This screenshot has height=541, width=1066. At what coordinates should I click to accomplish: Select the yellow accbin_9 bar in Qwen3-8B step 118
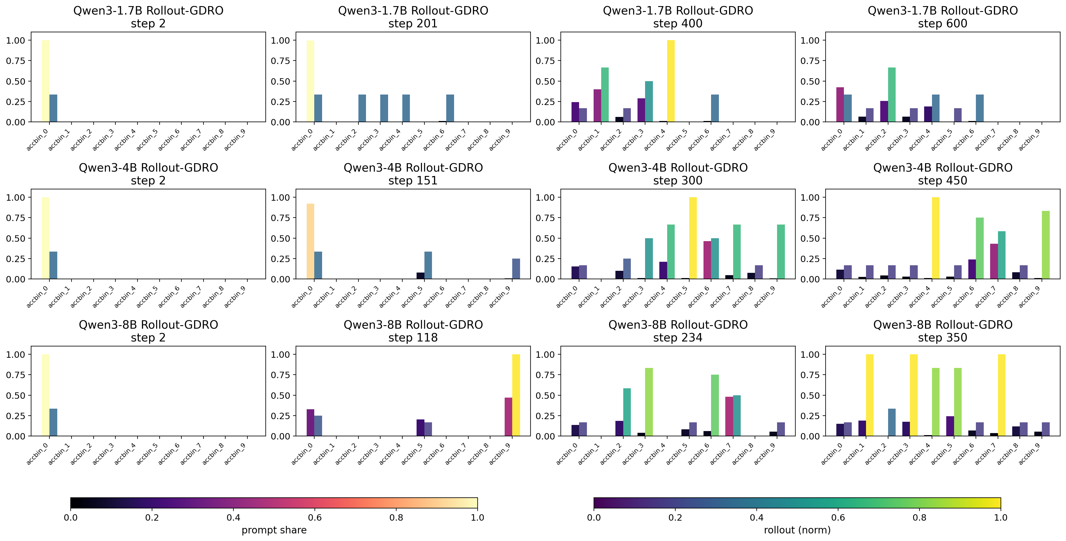point(516,395)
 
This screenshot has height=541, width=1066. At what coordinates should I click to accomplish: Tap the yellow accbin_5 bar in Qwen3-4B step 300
point(693,238)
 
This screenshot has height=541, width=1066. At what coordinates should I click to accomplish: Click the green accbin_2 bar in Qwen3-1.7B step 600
point(891,95)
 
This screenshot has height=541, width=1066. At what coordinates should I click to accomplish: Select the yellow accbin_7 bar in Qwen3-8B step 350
point(1001,395)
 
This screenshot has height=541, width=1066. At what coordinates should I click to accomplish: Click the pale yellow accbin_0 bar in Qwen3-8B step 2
point(46,395)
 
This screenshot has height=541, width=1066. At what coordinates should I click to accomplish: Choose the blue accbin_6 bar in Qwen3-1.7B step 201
point(450,108)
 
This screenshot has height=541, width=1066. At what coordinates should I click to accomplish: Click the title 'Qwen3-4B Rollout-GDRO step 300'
point(678,174)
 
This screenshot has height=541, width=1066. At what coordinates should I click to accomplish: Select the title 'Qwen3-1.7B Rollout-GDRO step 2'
point(148,17)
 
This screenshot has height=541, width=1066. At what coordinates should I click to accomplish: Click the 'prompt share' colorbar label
point(274,530)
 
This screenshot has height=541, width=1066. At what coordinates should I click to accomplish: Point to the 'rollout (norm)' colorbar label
point(797,530)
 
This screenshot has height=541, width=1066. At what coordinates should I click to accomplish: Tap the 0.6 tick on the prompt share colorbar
point(315,517)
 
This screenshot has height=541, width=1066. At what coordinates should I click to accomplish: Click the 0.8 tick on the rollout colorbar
point(919,517)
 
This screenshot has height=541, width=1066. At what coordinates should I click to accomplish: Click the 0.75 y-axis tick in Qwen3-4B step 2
point(16,218)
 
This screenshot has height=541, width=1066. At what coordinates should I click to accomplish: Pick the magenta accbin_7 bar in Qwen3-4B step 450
point(994,261)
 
